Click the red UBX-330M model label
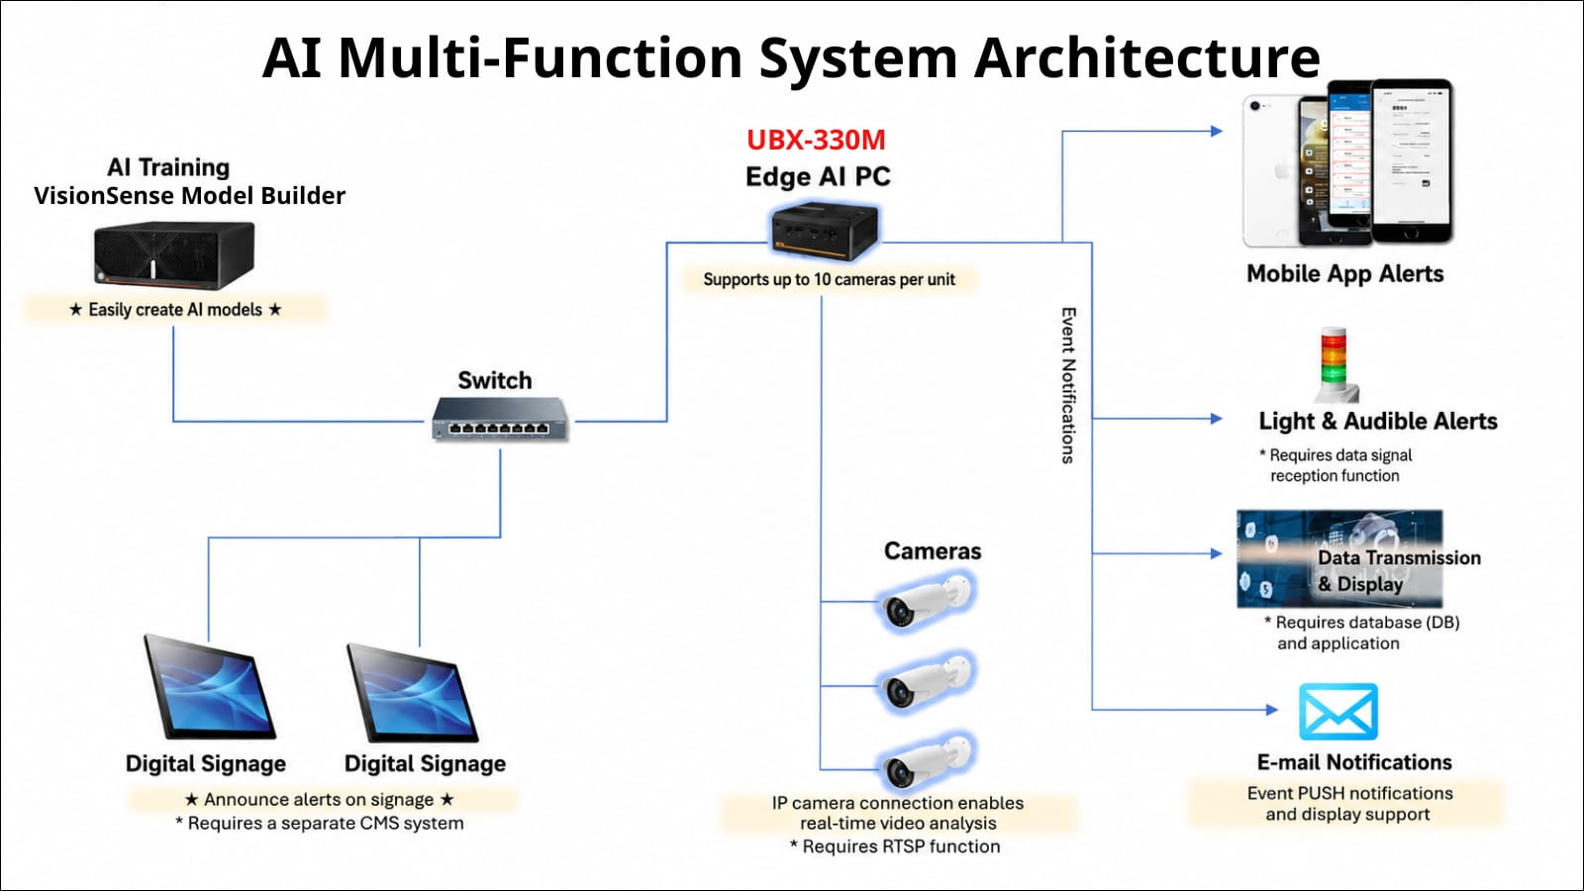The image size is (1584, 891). [816, 140]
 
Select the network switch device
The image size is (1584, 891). [500, 419]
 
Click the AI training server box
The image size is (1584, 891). [174, 254]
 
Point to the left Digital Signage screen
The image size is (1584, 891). [209, 687]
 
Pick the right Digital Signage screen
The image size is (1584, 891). [413, 693]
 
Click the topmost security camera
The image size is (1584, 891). [927, 601]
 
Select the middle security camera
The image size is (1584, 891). [927, 682]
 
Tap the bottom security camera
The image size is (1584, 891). [927, 762]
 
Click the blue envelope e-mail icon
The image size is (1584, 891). [1337, 712]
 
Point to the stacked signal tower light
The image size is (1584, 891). [1335, 365]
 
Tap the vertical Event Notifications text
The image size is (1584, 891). [1068, 385]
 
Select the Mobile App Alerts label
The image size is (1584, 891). [1345, 273]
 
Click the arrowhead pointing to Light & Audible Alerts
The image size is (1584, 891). [1217, 419]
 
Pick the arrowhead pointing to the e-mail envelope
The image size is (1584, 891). [1271, 709]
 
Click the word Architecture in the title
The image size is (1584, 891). [1147, 56]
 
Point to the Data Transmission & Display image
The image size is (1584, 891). [1339, 558]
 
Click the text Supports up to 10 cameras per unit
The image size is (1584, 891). [829, 279]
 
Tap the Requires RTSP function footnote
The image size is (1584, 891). [895, 846]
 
